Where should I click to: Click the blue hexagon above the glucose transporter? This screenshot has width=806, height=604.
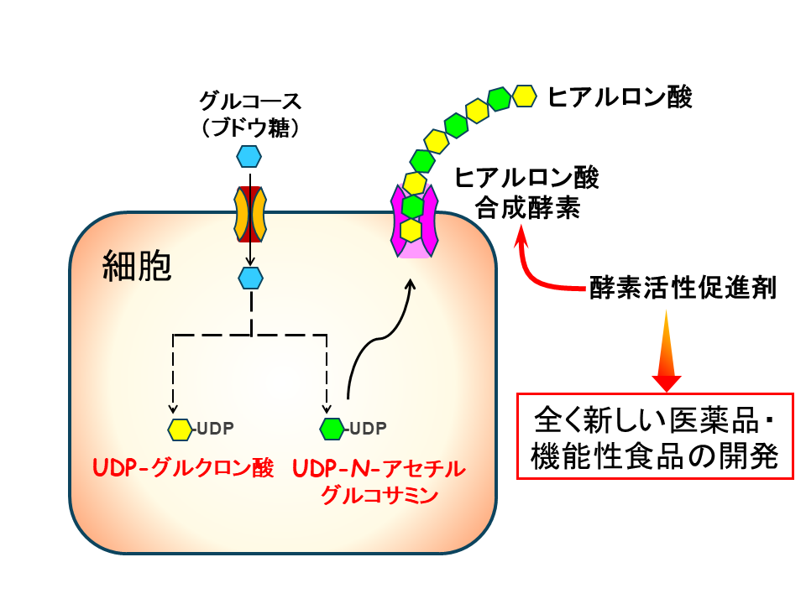(249, 156)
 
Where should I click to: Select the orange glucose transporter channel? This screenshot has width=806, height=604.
(249, 213)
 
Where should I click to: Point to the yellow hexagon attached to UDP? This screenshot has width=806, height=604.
(180, 430)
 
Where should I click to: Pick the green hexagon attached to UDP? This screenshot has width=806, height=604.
(332, 430)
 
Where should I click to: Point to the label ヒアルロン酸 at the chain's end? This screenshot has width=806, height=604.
(620, 97)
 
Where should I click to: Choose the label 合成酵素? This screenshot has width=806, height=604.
(527, 207)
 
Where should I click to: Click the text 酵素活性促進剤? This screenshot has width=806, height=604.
(683, 290)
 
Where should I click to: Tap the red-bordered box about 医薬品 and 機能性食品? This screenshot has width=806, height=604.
(655, 435)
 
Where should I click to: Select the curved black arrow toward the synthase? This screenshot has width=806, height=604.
(378, 336)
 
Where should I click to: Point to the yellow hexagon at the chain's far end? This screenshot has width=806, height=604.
(525, 96)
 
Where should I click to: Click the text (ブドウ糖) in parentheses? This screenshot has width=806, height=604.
(249, 128)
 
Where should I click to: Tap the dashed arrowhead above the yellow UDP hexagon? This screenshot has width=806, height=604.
(173, 409)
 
